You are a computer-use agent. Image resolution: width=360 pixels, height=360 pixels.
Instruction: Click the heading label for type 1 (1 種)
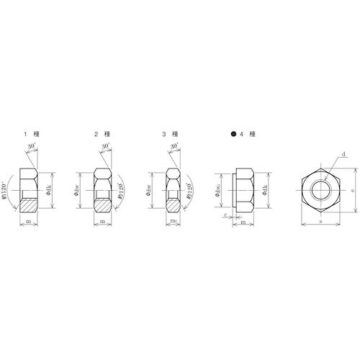[35, 135]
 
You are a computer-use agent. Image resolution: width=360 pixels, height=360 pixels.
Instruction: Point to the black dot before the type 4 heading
[233, 135]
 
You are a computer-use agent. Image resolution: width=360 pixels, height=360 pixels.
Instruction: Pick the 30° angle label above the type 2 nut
[105, 147]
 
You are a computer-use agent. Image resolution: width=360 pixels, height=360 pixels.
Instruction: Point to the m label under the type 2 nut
[104, 222]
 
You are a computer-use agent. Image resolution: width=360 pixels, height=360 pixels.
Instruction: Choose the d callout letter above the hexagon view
[344, 155]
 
